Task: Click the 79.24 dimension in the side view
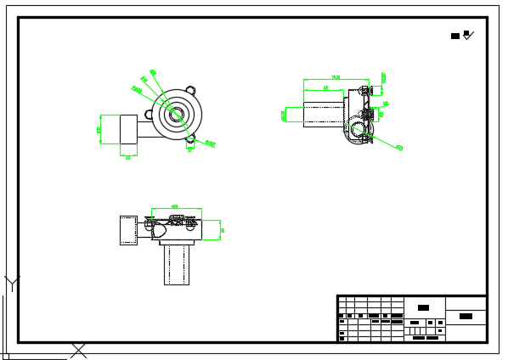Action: pos(336,78)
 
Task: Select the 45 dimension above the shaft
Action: pos(325,88)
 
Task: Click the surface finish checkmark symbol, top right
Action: pos(468,35)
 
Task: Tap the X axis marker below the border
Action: pos(78,350)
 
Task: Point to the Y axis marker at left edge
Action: pos(11,282)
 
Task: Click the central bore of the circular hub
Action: pos(176,115)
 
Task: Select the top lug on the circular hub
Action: pos(190,90)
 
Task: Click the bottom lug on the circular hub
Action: pos(190,138)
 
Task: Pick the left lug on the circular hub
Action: pos(150,115)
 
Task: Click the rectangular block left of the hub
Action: pos(128,129)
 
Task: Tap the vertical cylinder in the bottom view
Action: pos(176,264)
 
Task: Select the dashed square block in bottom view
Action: pos(128,230)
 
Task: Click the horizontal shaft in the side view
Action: pos(323,115)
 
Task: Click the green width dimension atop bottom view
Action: pos(176,207)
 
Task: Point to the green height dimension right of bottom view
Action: pos(222,230)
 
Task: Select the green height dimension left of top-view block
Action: pos(99,129)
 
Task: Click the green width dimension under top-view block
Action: pos(128,156)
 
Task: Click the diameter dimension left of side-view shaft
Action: pos(284,115)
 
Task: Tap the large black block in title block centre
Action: pos(423,307)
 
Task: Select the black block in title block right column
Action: pos(466,316)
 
